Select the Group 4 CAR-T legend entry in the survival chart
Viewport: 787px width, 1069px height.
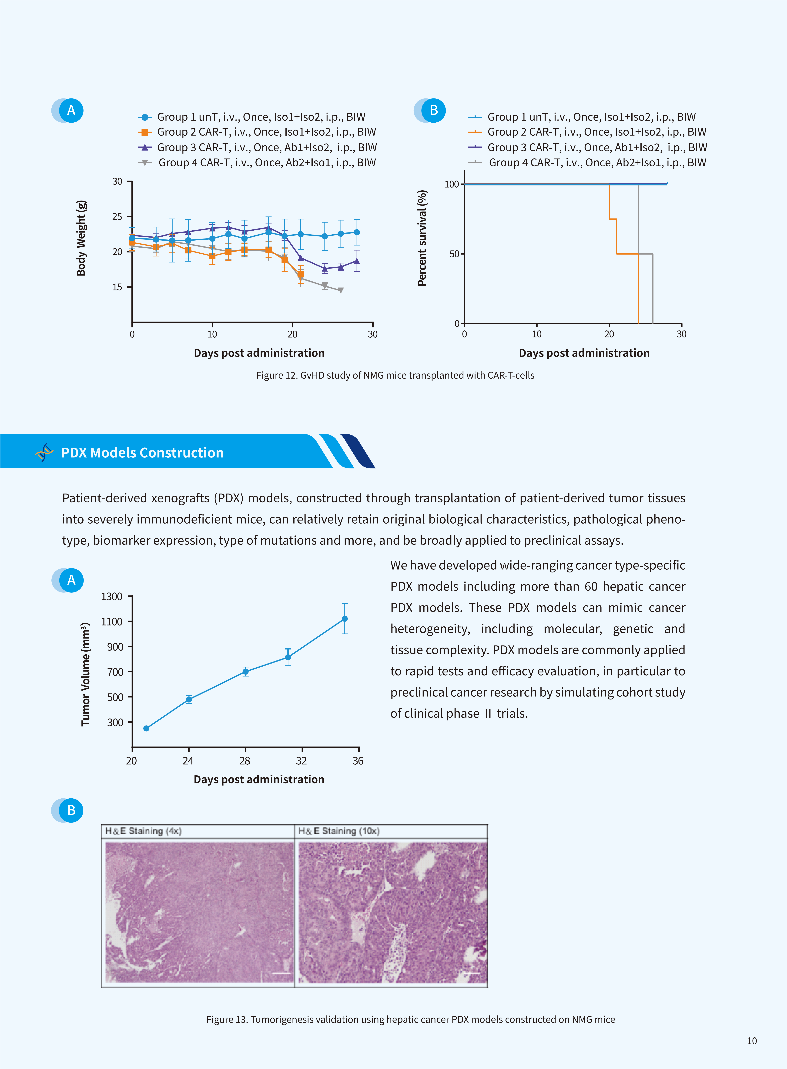587,162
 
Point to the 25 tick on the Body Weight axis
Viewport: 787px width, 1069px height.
117,217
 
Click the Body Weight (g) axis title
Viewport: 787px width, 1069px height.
81,238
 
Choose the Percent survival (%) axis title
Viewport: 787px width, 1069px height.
422,238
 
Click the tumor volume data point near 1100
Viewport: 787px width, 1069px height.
344,619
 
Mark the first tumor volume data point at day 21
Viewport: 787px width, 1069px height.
146,728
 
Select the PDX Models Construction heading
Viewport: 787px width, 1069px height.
142,453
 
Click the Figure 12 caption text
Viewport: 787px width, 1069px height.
395,375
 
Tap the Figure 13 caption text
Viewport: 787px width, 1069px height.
411,1019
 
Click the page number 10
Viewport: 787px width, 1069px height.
752,1041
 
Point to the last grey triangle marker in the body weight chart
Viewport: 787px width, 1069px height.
341,290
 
